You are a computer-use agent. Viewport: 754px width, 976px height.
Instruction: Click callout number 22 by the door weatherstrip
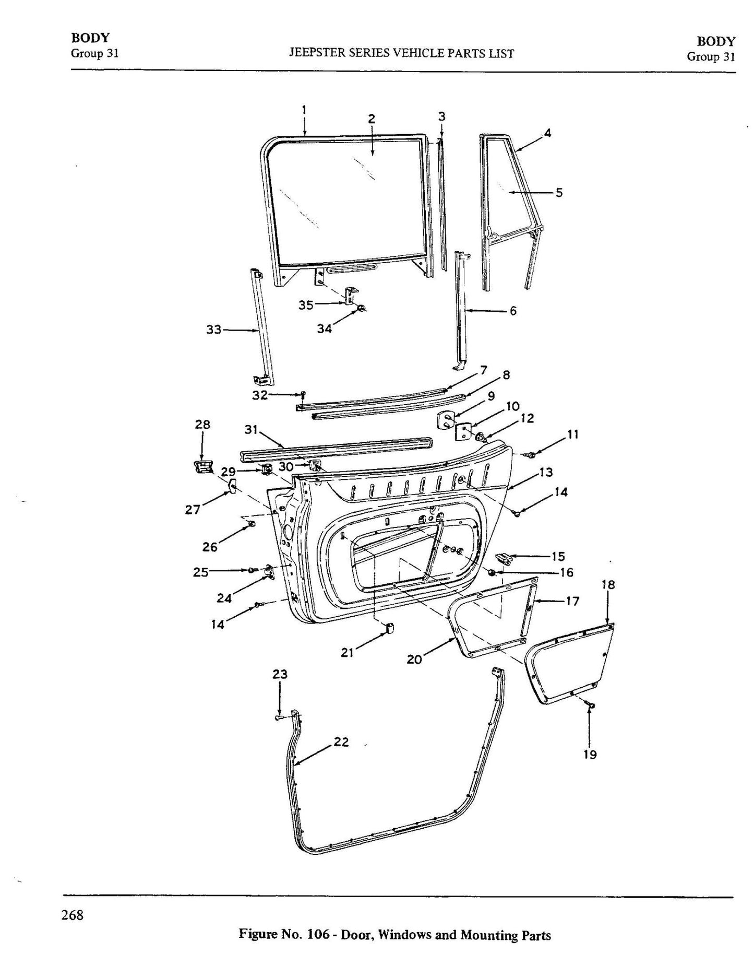click(341, 742)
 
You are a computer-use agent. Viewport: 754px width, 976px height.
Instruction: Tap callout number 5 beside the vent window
click(559, 193)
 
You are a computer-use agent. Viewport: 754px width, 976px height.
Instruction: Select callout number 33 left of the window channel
click(214, 330)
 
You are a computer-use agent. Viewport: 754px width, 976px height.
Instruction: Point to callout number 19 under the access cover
click(590, 754)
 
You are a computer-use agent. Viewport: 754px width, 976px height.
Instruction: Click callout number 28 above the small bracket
click(202, 425)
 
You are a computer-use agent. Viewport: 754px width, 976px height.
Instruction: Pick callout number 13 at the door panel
click(546, 472)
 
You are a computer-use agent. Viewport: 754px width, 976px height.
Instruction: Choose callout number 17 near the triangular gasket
click(572, 601)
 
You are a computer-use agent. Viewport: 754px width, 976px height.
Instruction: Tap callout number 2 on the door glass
click(372, 119)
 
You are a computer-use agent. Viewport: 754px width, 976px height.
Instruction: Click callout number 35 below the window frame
click(306, 305)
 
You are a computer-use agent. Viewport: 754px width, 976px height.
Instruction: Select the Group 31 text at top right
click(711, 56)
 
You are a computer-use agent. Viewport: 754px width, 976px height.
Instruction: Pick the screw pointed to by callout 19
click(591, 707)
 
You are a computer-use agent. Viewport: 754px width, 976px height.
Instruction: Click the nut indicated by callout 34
click(361, 309)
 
